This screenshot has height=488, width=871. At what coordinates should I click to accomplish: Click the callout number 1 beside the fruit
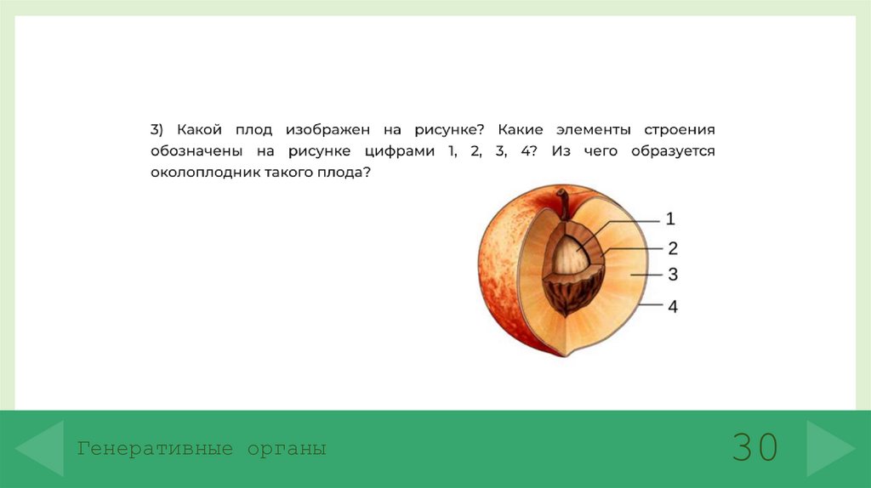670,219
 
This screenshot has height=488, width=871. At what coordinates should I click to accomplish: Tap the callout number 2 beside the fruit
672,248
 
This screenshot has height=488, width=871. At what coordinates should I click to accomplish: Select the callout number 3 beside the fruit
672,275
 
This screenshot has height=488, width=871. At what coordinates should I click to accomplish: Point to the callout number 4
673,306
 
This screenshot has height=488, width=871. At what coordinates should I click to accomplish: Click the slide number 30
754,447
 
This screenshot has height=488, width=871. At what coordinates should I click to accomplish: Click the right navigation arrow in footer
830,447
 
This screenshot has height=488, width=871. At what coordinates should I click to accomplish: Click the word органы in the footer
287,448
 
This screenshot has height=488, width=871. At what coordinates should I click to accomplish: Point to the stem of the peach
563,204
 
